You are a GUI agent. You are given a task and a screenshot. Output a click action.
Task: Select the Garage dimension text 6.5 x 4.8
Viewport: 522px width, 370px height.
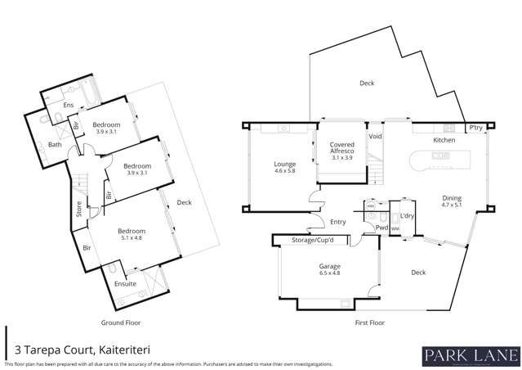click(328, 274)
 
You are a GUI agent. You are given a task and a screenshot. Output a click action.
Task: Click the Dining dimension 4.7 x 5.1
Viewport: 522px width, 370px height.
click(451, 205)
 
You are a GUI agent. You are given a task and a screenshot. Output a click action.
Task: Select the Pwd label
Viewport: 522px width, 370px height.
click(381, 228)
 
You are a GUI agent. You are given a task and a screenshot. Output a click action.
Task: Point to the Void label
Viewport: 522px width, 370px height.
click(375, 136)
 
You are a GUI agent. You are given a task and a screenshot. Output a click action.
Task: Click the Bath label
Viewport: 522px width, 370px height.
click(55, 145)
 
